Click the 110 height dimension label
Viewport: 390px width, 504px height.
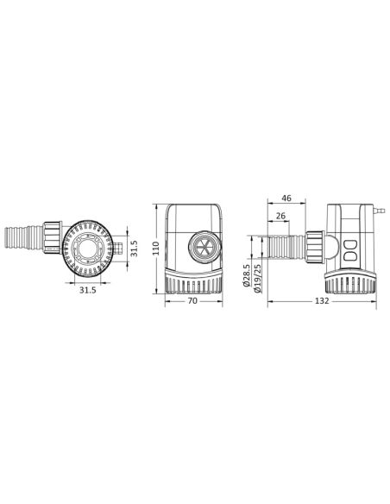[x=157, y=250]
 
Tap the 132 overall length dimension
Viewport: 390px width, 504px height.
[x=322, y=302]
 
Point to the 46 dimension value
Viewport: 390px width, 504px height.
[x=286, y=198]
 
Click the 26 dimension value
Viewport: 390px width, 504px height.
[x=281, y=216]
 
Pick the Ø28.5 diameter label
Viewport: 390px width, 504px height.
[x=247, y=274]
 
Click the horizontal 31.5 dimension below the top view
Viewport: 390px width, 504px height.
[x=88, y=291]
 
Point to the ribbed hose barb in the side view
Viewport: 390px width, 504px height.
[x=285, y=249]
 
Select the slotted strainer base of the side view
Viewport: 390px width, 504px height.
[x=349, y=282]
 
